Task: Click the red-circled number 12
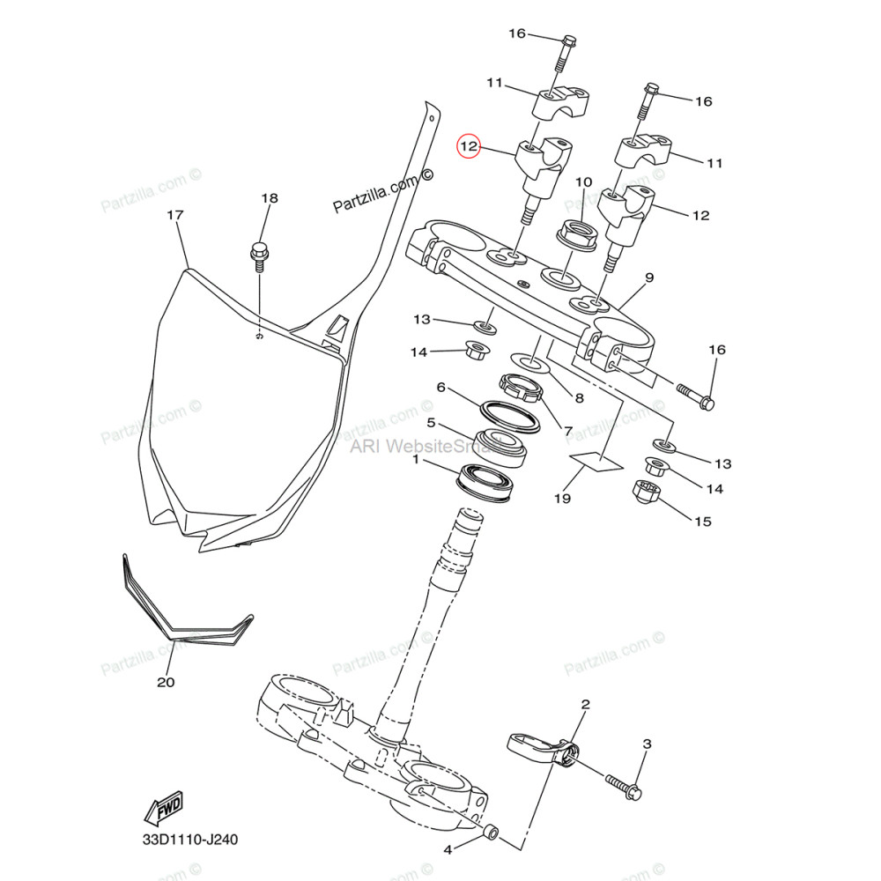[x=469, y=146]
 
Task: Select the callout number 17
[x=174, y=215]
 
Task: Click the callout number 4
[x=447, y=849]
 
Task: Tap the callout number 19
[x=563, y=498]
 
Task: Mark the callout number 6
[x=440, y=387]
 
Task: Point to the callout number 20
[x=167, y=681]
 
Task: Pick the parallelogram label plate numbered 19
[x=595, y=462]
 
